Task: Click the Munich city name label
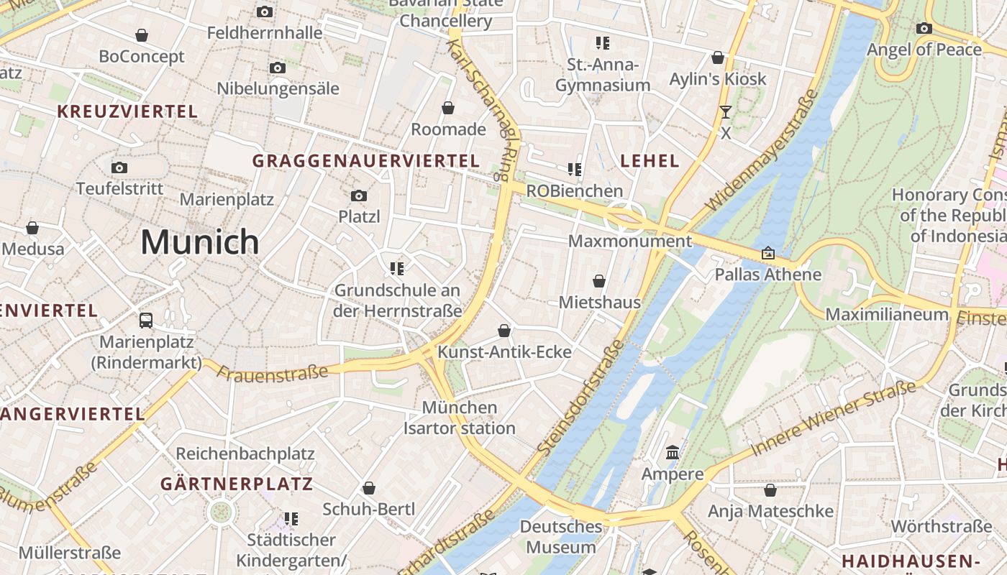(199, 241)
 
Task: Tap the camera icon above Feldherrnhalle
(265, 11)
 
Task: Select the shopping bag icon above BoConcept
(142, 35)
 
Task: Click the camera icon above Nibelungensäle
(278, 68)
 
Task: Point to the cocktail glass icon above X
(725, 111)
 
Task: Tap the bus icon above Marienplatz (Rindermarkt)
(146, 320)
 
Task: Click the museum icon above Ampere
(673, 453)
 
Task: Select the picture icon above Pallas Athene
(768, 253)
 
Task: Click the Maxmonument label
(630, 241)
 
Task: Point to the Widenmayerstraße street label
(763, 151)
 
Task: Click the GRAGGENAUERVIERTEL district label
(365, 161)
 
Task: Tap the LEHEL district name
(650, 161)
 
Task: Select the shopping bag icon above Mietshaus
(599, 281)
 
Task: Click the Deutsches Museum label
(561, 537)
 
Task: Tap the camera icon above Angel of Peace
(924, 29)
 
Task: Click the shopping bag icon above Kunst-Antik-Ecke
(504, 331)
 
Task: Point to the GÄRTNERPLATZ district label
(237, 484)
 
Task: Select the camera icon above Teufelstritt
(119, 168)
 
